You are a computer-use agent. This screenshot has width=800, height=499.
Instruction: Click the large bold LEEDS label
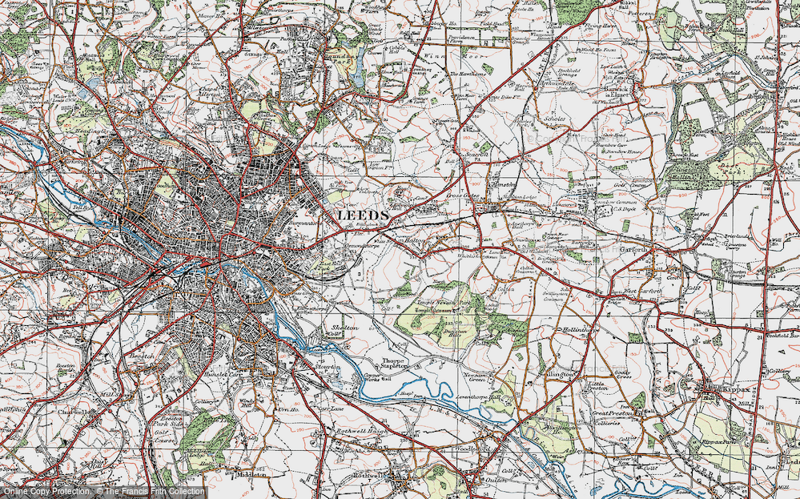coord(362,215)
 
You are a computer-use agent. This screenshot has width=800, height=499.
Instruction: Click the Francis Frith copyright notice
coord(103,491)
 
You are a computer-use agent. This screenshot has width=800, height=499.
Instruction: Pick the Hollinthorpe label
coord(574,328)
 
